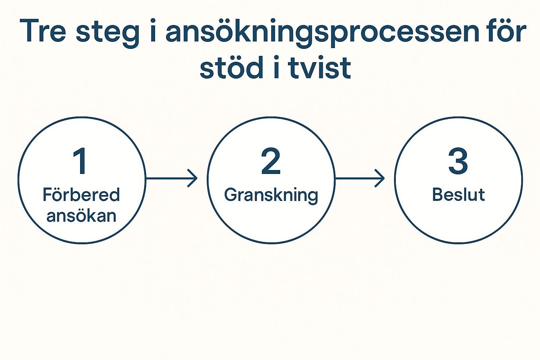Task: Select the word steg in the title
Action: pyautogui.click(x=107, y=34)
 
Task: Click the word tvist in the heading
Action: pyautogui.click(x=319, y=68)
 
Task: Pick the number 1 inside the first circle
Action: pyautogui.click(x=80, y=161)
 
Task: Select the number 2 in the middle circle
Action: pyautogui.click(x=271, y=161)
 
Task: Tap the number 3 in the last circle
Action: pyautogui.click(x=458, y=161)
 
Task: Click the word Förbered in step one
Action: pyautogui.click(x=81, y=195)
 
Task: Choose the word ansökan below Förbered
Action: pyautogui.click(x=82, y=215)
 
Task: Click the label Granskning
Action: pyautogui.click(x=271, y=196)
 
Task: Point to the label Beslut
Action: pyautogui.click(x=458, y=195)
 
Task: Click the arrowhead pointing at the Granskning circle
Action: pyautogui.click(x=194, y=178)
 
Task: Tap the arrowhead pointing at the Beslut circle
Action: pyautogui.click(x=381, y=178)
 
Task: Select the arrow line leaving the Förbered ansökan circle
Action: pyautogui.click(x=172, y=178)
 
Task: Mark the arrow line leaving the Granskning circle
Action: pyautogui.click(x=359, y=178)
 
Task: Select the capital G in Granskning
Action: pyautogui.click(x=231, y=195)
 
